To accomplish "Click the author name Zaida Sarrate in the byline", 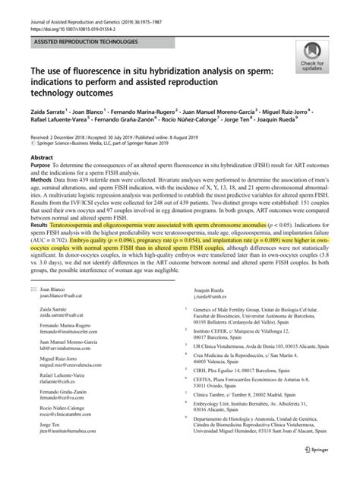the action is [49, 121].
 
